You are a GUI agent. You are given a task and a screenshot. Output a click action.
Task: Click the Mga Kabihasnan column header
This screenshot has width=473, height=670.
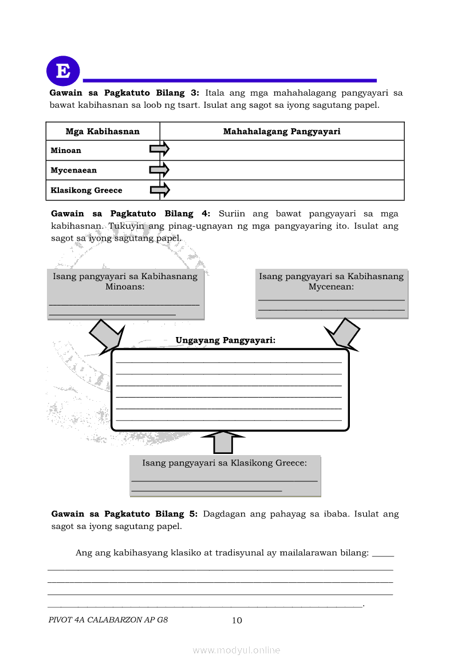click(103, 131)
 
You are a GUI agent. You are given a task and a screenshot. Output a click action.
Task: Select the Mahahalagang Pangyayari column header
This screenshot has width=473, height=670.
click(282, 131)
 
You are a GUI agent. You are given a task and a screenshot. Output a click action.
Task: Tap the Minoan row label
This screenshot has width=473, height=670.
click(66, 151)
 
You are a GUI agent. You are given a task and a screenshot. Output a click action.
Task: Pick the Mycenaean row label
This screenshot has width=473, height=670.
click(73, 170)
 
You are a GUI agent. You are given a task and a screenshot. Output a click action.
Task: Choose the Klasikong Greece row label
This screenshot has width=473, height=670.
click(86, 190)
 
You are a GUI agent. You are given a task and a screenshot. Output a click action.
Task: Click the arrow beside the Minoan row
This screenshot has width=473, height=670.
click(159, 150)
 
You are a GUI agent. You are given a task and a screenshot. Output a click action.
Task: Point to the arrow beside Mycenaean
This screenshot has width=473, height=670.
click(159, 170)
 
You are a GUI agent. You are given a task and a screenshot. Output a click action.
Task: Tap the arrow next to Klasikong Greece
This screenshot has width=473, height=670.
click(159, 190)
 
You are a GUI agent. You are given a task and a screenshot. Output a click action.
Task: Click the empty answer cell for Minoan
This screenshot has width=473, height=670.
click(286, 151)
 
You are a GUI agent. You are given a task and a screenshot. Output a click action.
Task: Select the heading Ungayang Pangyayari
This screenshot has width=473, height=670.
click(226, 340)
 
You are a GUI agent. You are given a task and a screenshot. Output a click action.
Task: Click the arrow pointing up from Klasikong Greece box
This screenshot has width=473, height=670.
click(223, 442)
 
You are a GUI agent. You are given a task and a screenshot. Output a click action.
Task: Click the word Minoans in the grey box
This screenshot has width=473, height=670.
click(125, 287)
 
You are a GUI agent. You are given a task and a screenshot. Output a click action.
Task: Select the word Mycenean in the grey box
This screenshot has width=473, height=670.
click(331, 287)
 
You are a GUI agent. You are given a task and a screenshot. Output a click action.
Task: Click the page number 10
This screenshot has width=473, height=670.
click(236, 621)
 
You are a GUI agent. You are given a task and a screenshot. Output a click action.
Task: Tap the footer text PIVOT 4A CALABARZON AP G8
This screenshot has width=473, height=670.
click(108, 620)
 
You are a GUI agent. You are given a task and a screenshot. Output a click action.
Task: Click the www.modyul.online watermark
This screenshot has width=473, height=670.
click(236, 650)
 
